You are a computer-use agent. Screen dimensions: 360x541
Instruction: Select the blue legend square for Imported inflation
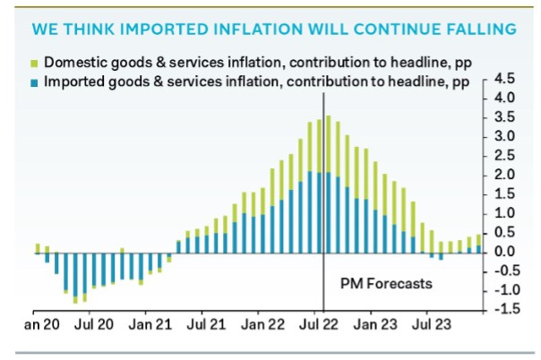(35, 81)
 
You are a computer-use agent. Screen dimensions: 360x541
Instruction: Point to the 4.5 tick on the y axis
(502, 78)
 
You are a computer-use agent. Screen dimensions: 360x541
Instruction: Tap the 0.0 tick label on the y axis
(502, 252)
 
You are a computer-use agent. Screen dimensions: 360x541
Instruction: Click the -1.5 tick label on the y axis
(501, 309)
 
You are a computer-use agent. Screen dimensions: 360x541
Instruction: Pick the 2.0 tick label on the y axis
(502, 175)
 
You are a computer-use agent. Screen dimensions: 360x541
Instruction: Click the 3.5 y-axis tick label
(502, 116)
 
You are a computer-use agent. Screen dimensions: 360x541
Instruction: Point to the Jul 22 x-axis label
(323, 320)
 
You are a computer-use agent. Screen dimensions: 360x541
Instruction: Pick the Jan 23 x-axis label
(377, 320)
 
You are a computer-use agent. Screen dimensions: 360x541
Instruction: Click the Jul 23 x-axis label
(432, 320)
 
